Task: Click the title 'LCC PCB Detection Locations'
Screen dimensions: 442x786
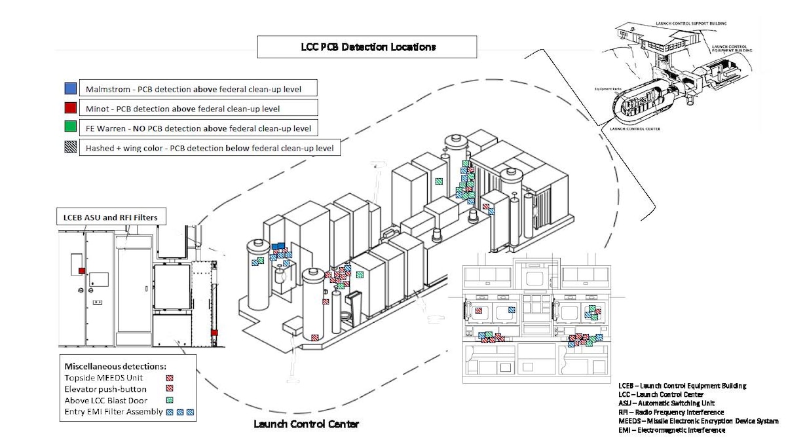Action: (367, 47)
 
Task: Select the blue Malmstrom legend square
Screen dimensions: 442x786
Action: (71, 88)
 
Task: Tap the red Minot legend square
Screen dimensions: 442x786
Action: (71, 107)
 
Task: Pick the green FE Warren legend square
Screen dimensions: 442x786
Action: (71, 128)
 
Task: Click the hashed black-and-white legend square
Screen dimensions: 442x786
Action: (71, 148)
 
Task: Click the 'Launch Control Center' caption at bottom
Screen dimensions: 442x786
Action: (307, 424)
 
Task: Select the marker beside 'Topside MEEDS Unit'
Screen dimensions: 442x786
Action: (169, 378)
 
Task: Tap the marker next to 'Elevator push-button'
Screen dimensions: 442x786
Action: (169, 389)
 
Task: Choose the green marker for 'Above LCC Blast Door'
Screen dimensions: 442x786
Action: (169, 400)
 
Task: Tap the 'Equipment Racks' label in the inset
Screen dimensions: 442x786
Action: (607, 88)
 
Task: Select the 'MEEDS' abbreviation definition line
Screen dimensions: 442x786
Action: (698, 421)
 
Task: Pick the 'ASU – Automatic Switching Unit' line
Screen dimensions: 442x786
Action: (667, 403)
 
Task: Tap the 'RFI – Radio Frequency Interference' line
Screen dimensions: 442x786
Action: (671, 413)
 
